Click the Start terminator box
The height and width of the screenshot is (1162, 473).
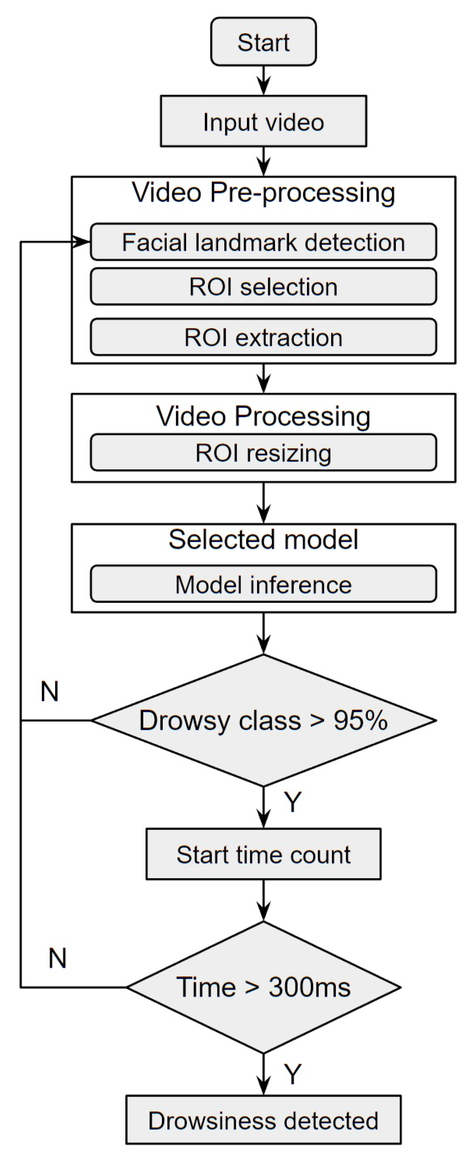263,42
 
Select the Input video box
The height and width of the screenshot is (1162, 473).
263,121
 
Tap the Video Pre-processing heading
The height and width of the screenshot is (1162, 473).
263,193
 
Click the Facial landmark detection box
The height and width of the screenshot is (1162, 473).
263,242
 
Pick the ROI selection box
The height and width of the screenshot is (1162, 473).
263,287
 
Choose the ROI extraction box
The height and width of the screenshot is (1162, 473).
263,337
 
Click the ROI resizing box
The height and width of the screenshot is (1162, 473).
263,453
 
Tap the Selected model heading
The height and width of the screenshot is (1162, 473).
263,539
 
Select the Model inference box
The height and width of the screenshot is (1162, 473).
263,585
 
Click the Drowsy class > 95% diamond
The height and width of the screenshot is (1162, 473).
263,720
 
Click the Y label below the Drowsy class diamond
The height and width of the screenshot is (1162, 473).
292,802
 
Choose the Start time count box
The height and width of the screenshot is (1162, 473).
263,855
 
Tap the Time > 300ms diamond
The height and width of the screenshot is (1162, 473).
263,987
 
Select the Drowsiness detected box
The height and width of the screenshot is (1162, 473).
263,1121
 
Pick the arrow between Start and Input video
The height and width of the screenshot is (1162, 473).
263,81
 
